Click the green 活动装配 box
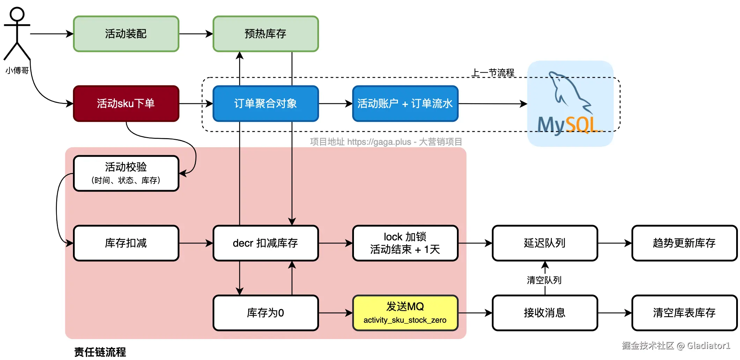click(x=126, y=34)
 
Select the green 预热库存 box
click(x=266, y=34)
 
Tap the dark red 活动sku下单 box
click(x=126, y=104)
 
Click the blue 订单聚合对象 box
click(x=266, y=104)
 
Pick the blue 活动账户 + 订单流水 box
click(x=405, y=104)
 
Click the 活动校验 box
click(x=126, y=173)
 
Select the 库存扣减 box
click(x=126, y=243)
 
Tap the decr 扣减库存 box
click(x=266, y=243)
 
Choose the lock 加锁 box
click(x=405, y=243)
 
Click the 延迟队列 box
click(x=545, y=243)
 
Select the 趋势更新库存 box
click(x=684, y=243)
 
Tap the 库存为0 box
click(x=266, y=313)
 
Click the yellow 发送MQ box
click(x=405, y=313)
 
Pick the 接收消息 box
click(x=545, y=313)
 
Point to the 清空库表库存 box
click(x=684, y=313)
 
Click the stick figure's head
click(x=17, y=14)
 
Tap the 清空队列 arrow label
click(x=544, y=280)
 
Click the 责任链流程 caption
click(x=100, y=352)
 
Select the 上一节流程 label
click(x=493, y=73)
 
